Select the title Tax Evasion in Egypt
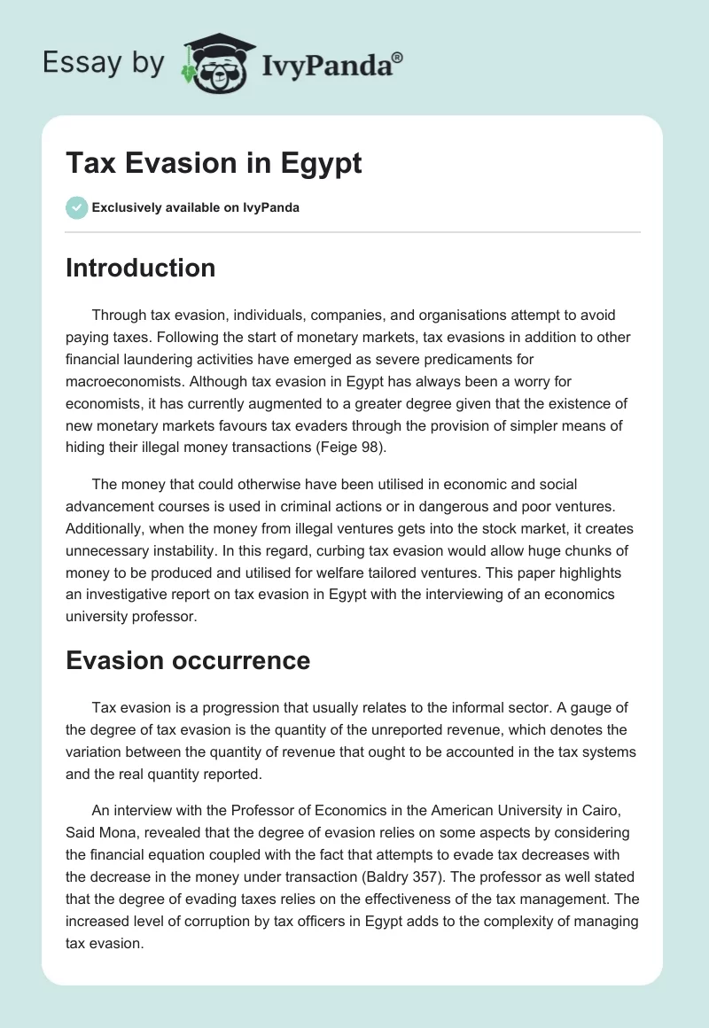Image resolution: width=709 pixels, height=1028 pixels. (x=214, y=164)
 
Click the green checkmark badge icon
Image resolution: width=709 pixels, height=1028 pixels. (x=76, y=208)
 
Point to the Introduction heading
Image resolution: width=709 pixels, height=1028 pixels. (x=140, y=268)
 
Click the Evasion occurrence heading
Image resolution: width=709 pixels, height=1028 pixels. (x=188, y=660)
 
